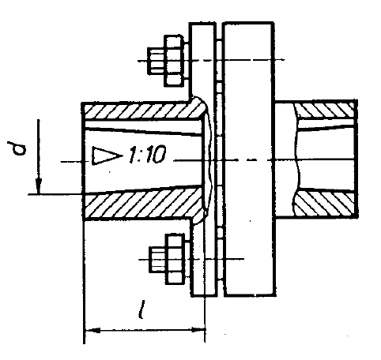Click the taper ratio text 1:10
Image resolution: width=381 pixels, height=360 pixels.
pos(148,154)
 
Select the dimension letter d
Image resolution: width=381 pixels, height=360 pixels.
pos(17,148)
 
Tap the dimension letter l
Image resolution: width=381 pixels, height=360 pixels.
pos(141,309)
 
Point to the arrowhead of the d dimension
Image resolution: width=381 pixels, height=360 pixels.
pos(39,186)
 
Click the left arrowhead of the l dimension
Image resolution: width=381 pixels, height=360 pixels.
pos(92,330)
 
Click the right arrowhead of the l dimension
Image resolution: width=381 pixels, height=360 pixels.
pos(198,330)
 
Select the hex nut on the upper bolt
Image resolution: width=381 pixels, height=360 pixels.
pos(174,61)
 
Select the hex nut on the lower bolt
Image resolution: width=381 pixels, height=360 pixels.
pos(175,259)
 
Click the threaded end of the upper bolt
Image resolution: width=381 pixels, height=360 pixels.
pos(157,61)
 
